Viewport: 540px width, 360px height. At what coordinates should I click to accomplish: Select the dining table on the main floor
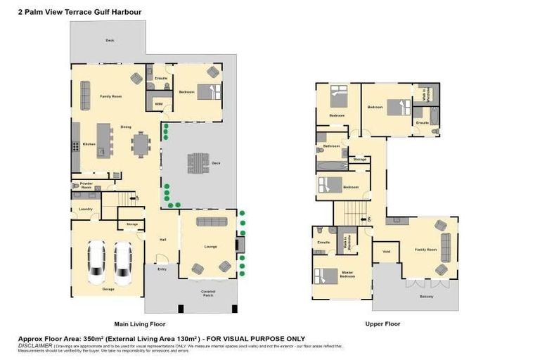141,144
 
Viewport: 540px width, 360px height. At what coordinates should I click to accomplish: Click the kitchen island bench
104,139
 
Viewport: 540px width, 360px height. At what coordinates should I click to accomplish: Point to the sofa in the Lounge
211,222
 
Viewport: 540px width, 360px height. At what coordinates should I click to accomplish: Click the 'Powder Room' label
86,186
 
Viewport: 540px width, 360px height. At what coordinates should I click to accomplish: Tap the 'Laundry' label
86,209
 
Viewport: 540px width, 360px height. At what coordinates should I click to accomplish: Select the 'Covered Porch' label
207,292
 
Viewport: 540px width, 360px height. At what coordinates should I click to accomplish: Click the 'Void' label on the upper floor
386,251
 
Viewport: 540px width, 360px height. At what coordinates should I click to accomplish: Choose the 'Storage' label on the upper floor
359,160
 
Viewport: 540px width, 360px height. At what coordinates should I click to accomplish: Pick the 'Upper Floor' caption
382,324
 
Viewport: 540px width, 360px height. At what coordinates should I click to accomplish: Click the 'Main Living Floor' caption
140,324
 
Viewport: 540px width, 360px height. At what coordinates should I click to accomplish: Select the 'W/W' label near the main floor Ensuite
159,103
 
